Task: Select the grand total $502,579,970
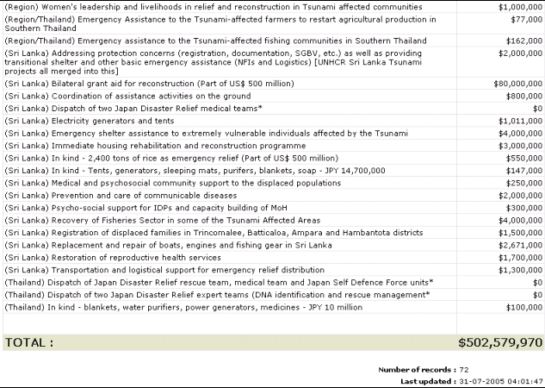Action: pyautogui.click(x=500, y=342)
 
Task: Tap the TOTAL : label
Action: pyautogui.click(x=29, y=342)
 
